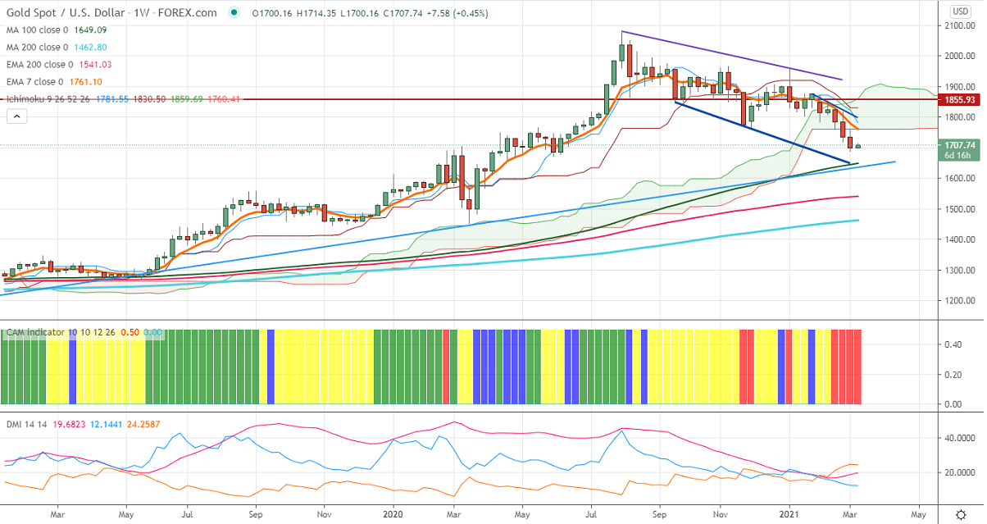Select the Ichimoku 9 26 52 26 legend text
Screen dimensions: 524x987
pyautogui.click(x=49, y=98)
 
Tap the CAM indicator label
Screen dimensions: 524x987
pyautogui.click(x=38, y=333)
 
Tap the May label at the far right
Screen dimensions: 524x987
pyautogui.click(x=918, y=514)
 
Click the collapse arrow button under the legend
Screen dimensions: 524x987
pyautogui.click(x=16, y=116)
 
